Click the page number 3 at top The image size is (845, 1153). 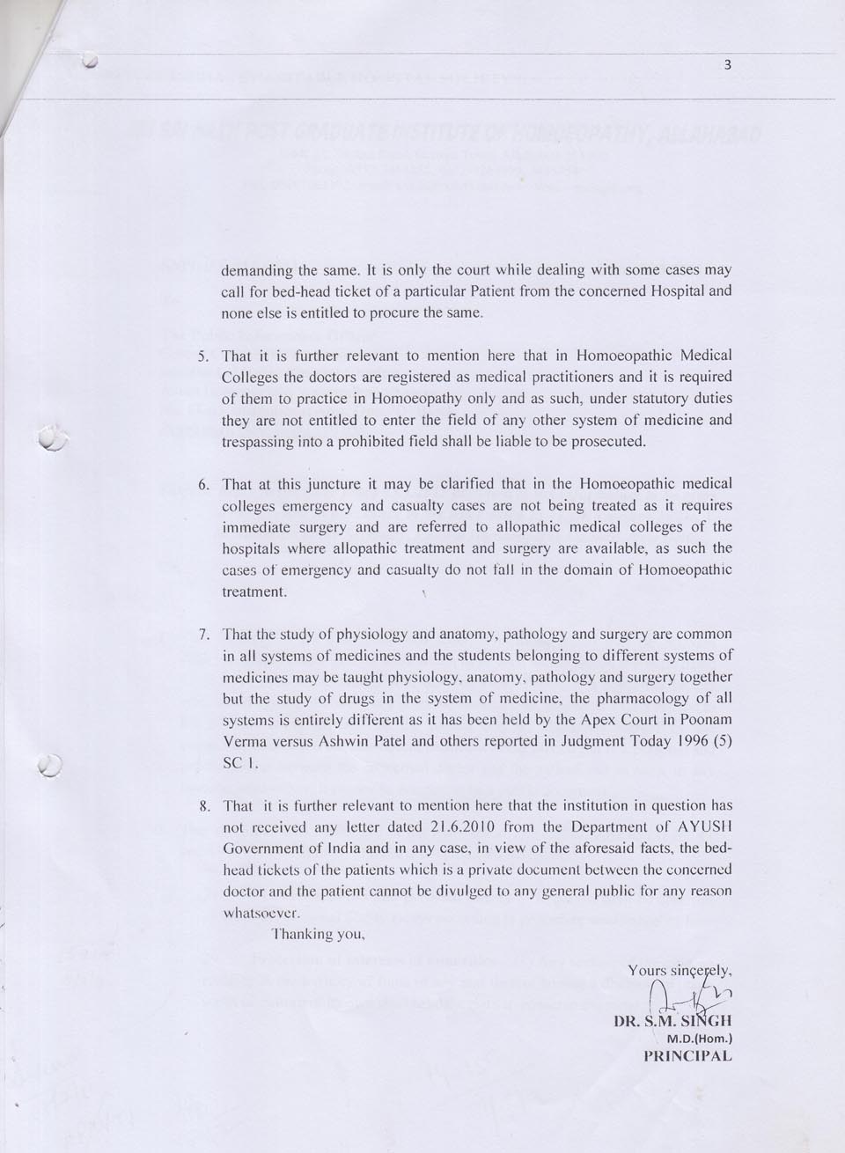727,64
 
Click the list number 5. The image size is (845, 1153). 202,357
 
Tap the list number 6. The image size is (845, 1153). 202,485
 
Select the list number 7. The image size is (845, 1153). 202,635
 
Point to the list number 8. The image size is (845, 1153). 202,806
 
